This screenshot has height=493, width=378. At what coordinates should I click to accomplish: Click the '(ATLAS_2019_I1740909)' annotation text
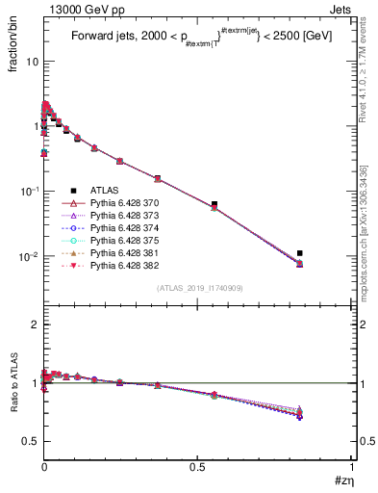[x=198, y=288]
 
